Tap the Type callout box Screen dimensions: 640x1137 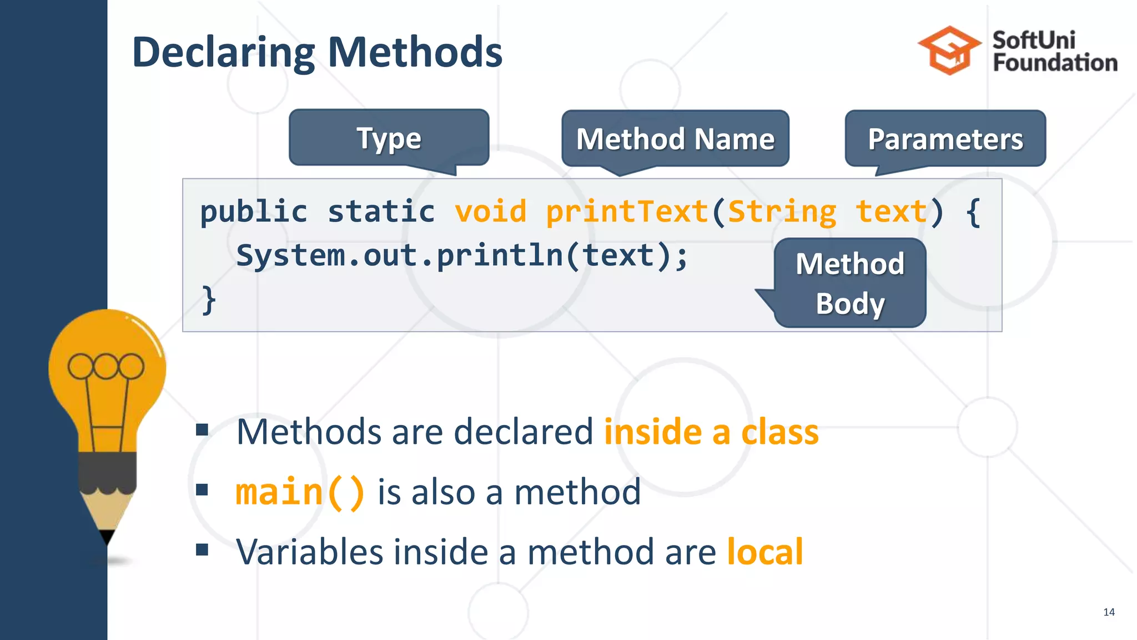(389, 138)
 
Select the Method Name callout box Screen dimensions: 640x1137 (675, 139)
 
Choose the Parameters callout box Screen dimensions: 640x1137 (945, 139)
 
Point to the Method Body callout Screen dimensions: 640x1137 (849, 283)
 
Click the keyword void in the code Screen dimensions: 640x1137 (490, 212)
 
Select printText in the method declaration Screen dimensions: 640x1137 (627, 212)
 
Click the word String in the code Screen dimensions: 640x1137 (782, 212)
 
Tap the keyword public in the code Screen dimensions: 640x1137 (253, 212)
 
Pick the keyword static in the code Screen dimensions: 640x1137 (381, 212)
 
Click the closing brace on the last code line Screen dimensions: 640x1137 (208, 300)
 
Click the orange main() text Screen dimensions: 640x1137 (300, 492)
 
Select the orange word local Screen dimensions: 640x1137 (764, 552)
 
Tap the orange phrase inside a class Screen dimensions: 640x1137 (711, 432)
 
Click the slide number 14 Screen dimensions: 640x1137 (1109, 612)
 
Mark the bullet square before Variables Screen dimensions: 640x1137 (202, 550)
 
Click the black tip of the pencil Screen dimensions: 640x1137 (107, 537)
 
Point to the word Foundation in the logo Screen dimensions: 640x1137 (1055, 63)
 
